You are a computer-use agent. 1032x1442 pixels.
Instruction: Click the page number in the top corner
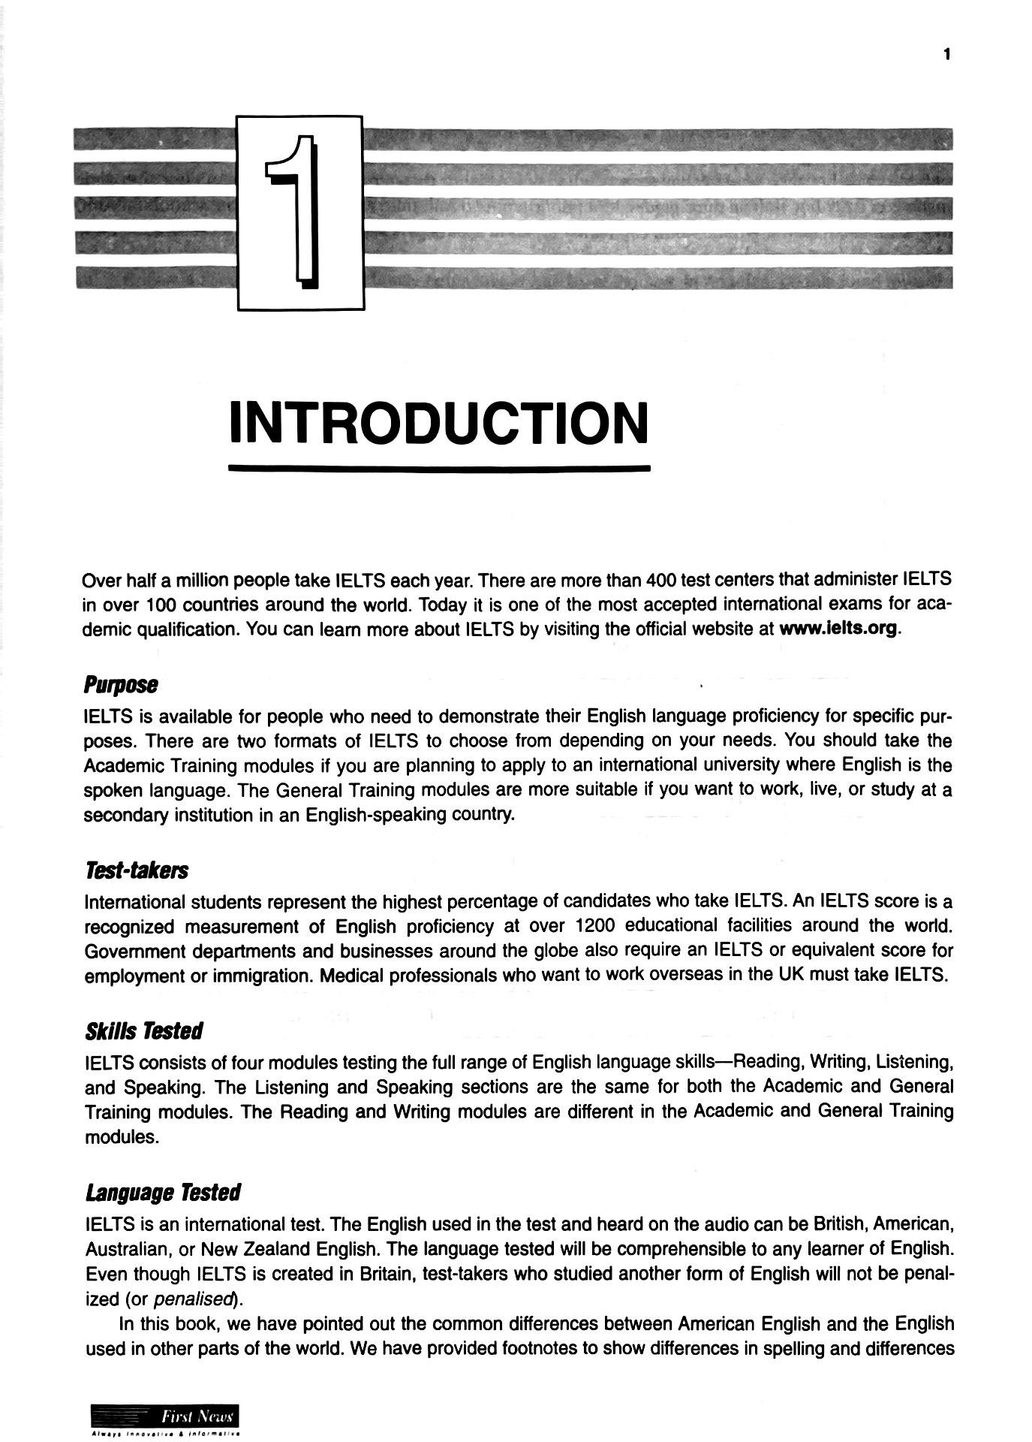point(947,54)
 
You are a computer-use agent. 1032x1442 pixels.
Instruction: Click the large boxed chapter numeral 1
point(299,212)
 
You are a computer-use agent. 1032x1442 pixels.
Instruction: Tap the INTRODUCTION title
point(438,423)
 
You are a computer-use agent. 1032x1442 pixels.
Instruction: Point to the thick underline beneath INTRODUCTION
point(439,469)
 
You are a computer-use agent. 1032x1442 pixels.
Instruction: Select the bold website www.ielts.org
point(838,629)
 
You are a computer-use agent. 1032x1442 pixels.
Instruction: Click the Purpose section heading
point(121,685)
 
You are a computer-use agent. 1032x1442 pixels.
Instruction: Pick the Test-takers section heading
point(137,870)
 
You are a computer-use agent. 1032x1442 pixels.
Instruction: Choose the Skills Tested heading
point(143,1031)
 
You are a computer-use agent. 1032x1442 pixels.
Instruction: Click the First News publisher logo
point(164,1417)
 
